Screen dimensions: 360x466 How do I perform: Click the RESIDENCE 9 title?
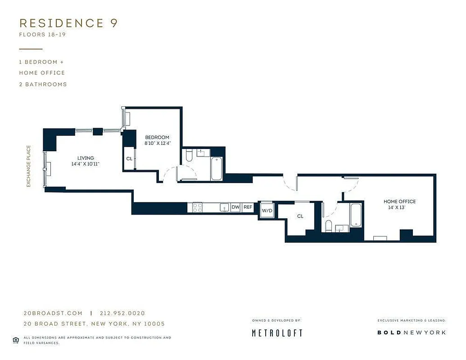[x=68, y=23]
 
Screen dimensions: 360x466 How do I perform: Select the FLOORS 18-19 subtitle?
[x=42, y=35]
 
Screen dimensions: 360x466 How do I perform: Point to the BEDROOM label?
[x=157, y=137]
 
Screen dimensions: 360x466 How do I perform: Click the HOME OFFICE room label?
[x=399, y=201]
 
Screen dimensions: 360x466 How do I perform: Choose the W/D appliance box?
[x=267, y=210]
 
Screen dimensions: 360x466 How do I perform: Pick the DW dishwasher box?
[x=235, y=207]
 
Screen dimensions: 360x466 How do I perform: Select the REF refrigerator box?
[x=248, y=207]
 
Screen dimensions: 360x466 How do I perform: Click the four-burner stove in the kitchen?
[x=197, y=207]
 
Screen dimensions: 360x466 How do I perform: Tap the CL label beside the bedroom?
[x=129, y=159]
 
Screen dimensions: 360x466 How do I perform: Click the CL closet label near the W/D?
[x=300, y=216]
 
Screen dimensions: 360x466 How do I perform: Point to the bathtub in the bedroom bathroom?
[x=217, y=168]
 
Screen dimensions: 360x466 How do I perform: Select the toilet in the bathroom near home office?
[x=329, y=226]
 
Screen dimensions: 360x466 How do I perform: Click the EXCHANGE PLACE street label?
[x=28, y=166]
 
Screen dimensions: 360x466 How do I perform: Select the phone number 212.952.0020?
[x=122, y=313]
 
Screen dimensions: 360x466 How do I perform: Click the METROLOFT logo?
[x=276, y=333]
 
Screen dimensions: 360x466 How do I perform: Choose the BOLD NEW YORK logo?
[x=412, y=332]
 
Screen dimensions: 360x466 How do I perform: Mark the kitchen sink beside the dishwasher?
[x=223, y=207]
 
